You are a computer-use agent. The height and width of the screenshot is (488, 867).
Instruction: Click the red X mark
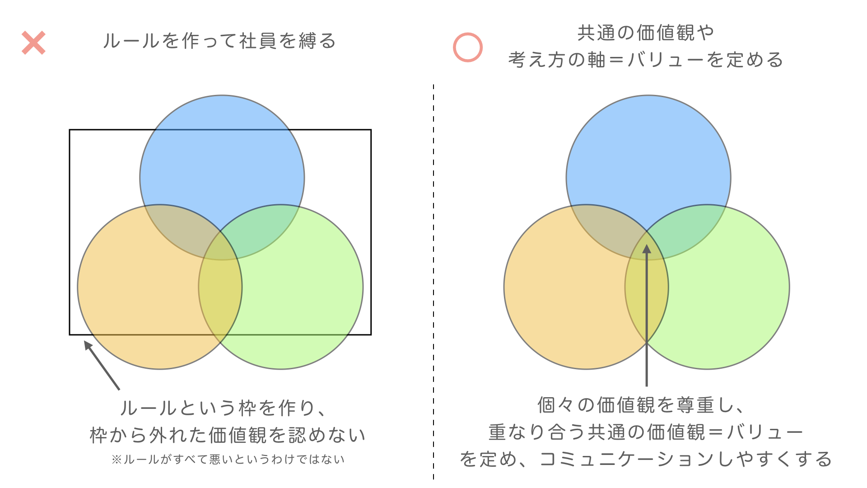34,43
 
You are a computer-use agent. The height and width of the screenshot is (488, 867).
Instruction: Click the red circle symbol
468,47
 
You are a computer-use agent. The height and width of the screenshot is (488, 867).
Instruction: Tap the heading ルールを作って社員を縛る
219,41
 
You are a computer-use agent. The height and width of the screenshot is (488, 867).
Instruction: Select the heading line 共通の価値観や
646,33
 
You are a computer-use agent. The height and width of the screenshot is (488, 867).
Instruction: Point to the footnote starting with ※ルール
228,460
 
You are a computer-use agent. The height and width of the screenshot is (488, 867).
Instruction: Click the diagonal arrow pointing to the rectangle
102,365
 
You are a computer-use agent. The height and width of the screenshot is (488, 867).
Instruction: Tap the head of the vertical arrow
647,249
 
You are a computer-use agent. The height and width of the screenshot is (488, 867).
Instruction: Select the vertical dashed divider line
433,282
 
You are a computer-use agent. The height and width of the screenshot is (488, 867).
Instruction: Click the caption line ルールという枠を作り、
224,408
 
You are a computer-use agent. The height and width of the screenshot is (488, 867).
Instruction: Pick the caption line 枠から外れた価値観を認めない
228,435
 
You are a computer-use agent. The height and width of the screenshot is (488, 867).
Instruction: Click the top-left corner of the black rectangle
70,130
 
